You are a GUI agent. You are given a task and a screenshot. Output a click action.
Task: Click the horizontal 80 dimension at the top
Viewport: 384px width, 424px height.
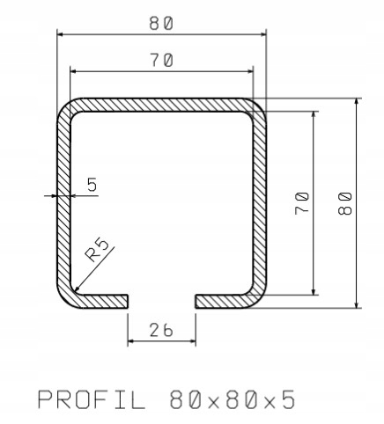tap(160, 24)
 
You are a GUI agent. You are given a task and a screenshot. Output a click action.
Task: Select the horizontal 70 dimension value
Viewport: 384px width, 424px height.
tap(160, 60)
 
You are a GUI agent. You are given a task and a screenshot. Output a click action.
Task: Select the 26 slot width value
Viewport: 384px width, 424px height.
tap(161, 330)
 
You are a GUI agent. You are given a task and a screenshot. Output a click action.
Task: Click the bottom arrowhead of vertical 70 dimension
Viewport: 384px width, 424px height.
tap(313, 292)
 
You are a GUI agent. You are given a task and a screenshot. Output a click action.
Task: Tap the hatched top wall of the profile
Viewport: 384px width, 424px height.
tap(161, 104)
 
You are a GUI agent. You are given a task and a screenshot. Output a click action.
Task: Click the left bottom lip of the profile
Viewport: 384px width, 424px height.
tap(106, 301)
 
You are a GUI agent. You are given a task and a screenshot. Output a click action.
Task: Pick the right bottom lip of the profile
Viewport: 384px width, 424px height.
tap(220, 301)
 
